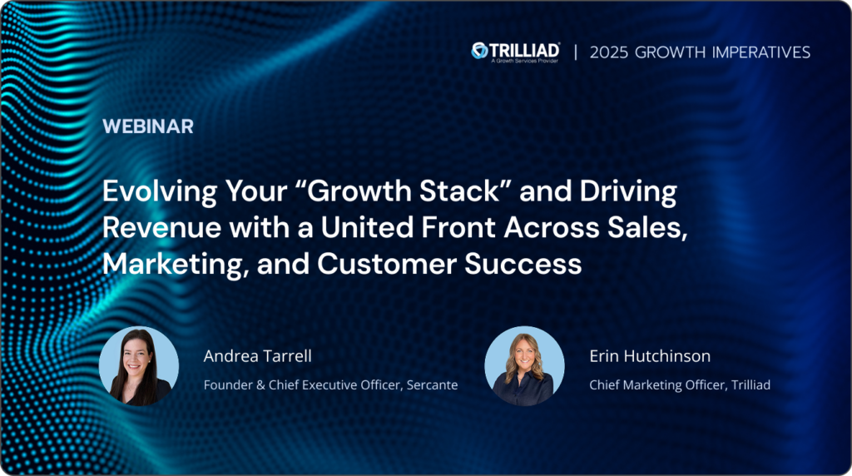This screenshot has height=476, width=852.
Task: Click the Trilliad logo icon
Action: (x=480, y=51)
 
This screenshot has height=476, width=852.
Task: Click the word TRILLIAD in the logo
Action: (x=524, y=51)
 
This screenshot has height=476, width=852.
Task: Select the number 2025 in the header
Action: (x=609, y=52)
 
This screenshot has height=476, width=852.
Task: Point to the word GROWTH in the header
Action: (x=671, y=52)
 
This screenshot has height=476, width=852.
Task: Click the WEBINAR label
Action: (x=148, y=126)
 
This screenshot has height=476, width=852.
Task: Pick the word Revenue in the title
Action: (x=162, y=228)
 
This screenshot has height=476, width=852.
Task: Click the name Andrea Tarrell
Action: (x=258, y=356)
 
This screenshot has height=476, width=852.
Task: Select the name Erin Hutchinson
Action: (x=650, y=356)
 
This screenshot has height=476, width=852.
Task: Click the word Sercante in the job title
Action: (x=432, y=384)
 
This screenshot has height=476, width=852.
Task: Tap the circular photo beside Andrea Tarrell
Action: (x=139, y=365)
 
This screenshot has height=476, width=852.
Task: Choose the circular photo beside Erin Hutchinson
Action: (x=524, y=365)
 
